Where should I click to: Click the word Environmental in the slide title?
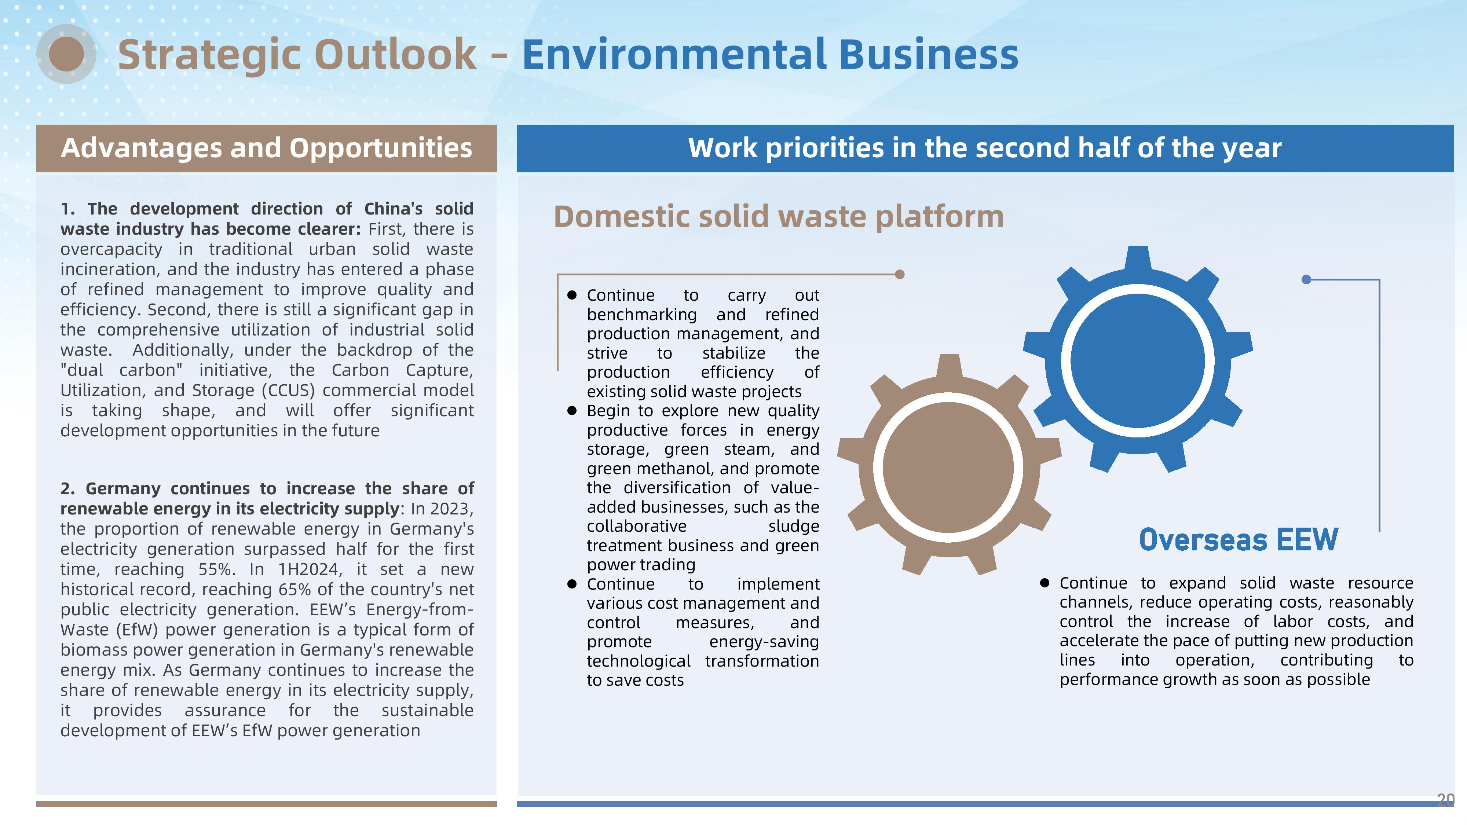point(674,54)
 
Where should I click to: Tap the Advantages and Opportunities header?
point(267,148)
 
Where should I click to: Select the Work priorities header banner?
point(985,148)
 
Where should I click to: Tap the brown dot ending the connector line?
point(900,274)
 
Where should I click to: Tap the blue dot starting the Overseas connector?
point(1306,279)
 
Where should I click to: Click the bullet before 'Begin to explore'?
point(572,411)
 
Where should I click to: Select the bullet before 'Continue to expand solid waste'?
point(1045,583)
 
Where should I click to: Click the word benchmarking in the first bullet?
point(642,315)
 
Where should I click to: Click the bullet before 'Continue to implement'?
point(572,584)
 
